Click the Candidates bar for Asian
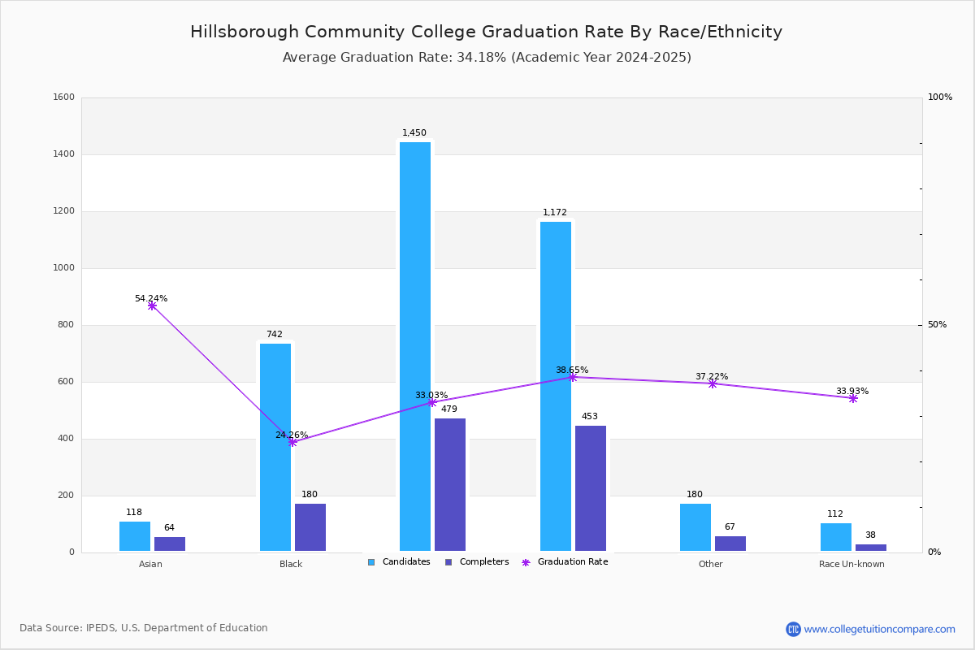click(x=135, y=536)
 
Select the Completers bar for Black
click(x=310, y=527)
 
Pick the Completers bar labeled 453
click(x=591, y=488)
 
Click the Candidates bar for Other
click(x=695, y=527)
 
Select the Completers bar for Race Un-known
click(x=871, y=548)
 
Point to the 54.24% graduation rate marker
click(x=152, y=306)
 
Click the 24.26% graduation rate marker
click(x=292, y=442)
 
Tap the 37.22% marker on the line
click(x=713, y=383)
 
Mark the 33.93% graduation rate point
click(x=853, y=398)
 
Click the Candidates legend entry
click(x=399, y=562)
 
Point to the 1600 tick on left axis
click(x=64, y=97)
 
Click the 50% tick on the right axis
click(x=937, y=325)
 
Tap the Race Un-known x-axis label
click(x=851, y=564)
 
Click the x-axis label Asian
click(x=150, y=564)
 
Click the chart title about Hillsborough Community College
click(x=486, y=32)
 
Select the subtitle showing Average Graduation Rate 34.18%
click(x=486, y=58)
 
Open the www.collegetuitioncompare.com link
click(x=879, y=629)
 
